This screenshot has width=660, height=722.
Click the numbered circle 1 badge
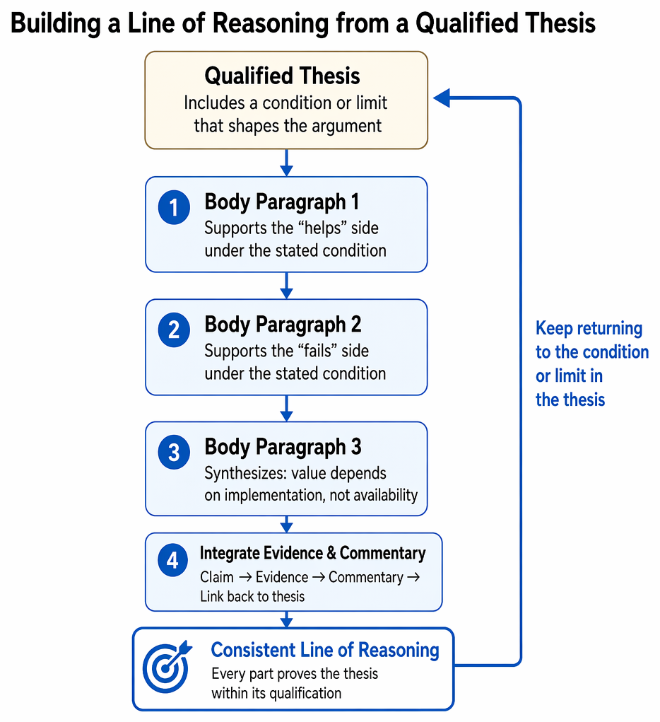(174, 207)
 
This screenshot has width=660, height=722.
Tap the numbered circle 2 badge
(174, 330)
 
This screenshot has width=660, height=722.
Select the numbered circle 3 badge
(174, 452)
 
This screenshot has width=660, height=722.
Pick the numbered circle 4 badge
(172, 560)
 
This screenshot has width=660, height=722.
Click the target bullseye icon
(166, 666)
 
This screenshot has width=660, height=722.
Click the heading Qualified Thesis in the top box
(282, 76)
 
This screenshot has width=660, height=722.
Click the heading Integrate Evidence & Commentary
(313, 553)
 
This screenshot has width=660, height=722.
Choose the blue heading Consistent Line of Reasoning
(325, 650)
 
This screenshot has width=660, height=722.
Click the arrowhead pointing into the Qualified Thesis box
(442, 98)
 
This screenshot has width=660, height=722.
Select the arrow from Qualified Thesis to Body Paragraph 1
(286, 163)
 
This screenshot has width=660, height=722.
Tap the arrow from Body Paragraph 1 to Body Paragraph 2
(286, 286)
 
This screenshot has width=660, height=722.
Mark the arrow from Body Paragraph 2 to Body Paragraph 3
(286, 409)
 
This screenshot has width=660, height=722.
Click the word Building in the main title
(55, 23)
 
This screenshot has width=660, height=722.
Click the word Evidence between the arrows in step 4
(282, 577)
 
